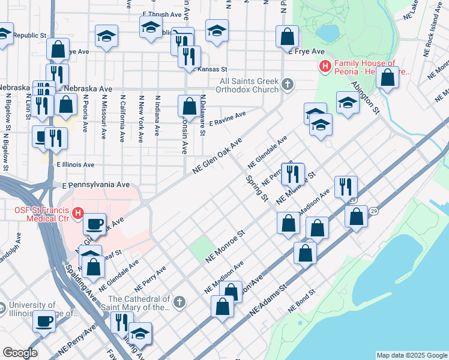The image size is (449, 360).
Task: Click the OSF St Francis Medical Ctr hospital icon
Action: (x=77, y=212)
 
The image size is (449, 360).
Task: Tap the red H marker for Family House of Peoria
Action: (x=325, y=66)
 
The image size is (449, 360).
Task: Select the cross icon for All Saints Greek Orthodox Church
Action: (x=288, y=84)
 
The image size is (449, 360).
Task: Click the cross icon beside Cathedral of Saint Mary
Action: (x=179, y=302)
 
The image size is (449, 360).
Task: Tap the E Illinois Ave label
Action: (x=76, y=164)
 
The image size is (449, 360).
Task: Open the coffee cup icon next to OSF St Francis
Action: (x=94, y=224)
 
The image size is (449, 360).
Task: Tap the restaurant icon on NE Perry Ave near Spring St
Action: (x=292, y=173)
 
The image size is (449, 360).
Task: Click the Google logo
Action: (x=20, y=353)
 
